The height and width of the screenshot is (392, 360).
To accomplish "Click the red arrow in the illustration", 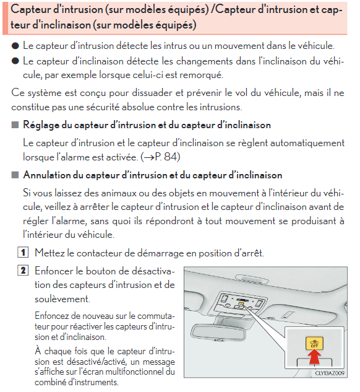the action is coord(315,357).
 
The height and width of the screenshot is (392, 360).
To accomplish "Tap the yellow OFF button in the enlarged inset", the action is coord(314,343).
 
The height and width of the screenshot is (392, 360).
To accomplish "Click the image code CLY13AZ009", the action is coord(330,373).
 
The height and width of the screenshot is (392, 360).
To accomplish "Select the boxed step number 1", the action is coord(23,252).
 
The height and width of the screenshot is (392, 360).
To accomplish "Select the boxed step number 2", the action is coord(23,270).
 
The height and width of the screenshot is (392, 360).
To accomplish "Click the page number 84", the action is coord(171,157).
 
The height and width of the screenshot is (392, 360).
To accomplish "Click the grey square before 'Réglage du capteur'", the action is coord(15,124).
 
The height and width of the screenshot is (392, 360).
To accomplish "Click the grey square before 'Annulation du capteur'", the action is coord(15,175).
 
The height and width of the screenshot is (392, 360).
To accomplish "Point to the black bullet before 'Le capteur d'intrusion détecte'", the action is coord(15,46).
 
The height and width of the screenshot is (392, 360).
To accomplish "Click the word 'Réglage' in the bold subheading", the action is coord(41,125).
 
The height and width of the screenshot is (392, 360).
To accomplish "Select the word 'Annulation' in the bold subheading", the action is coord(47,175).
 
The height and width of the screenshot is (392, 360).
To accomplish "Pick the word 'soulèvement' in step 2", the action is coord(62,299).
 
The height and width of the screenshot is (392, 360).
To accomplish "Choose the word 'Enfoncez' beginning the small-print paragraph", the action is coord(51,316).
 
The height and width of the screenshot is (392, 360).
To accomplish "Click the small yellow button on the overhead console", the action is coord(241,303).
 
